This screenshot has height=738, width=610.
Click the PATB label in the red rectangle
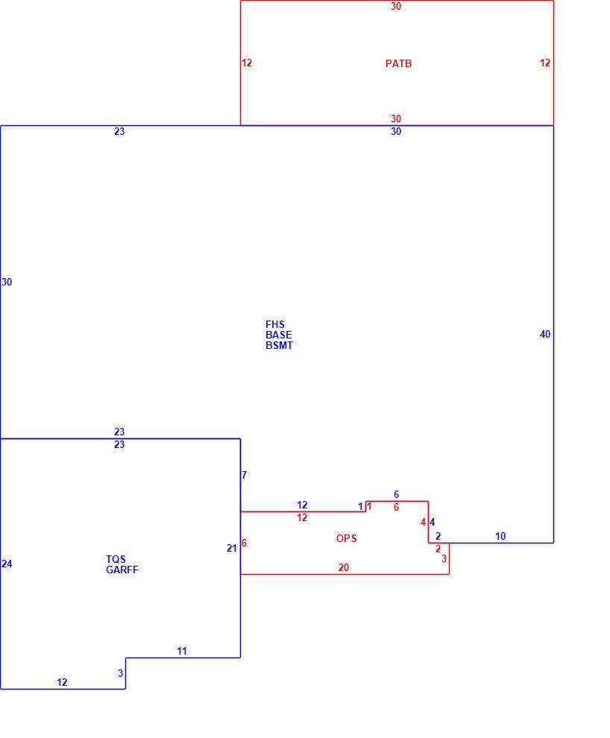[398, 63]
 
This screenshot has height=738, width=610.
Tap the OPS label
[347, 538]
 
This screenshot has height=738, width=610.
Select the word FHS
[275, 325]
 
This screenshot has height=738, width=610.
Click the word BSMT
[279, 345]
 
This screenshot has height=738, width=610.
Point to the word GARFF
[122, 570]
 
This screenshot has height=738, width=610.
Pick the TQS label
[116, 559]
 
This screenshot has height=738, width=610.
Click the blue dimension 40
[545, 334]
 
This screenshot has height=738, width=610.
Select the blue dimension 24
[7, 564]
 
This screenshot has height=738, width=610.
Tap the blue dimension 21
[232, 549]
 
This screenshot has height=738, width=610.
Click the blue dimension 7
[244, 475]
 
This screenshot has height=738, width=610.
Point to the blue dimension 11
[182, 651]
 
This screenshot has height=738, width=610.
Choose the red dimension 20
[344, 567]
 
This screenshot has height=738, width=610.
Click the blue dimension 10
[500, 536]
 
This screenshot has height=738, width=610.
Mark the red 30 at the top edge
[396, 6]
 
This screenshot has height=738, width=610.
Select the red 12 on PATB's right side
[545, 63]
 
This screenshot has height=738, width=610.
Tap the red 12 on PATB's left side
[247, 63]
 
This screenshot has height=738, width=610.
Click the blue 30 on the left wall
[7, 282]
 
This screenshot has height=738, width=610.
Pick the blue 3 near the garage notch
[121, 674]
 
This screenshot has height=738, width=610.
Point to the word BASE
[279, 335]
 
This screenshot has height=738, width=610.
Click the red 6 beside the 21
[244, 543]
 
